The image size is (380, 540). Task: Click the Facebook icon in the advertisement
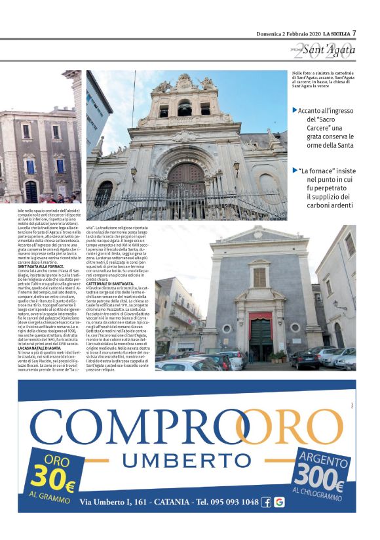[266, 502]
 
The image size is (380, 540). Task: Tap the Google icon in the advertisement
[279, 502]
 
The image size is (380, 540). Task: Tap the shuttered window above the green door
[259, 278]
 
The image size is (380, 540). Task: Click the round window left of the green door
[226, 308]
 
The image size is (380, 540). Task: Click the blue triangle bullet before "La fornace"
[295, 171]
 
